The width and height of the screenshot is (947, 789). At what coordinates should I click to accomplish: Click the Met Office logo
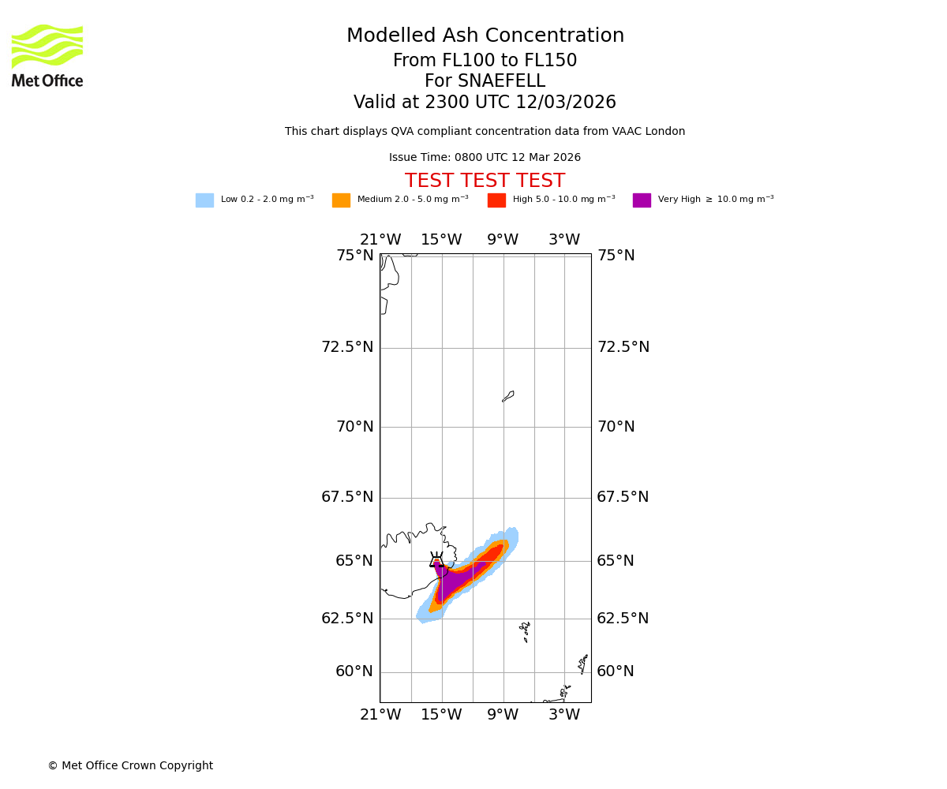pyautogui.click(x=47, y=55)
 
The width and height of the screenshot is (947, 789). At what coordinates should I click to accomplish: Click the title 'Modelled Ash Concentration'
pyautogui.click(x=485, y=36)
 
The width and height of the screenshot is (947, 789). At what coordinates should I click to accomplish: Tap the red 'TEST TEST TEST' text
pyautogui.click(x=485, y=181)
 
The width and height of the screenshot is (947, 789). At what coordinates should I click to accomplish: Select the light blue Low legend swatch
pyautogui.click(x=204, y=200)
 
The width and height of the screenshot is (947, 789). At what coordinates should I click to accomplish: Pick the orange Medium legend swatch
pyautogui.click(x=341, y=200)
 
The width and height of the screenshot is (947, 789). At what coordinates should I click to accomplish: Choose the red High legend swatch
pyautogui.click(x=496, y=200)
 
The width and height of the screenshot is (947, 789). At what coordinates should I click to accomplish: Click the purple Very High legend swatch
pyautogui.click(x=642, y=200)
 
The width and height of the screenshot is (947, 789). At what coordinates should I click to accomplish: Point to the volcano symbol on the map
pyautogui.click(x=436, y=560)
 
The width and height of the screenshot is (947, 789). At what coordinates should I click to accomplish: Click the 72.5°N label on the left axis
pyautogui.click(x=347, y=347)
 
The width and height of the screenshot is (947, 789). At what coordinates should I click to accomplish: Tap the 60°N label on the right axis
pyautogui.click(x=616, y=671)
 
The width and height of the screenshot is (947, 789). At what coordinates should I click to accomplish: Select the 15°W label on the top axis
pyautogui.click(x=441, y=240)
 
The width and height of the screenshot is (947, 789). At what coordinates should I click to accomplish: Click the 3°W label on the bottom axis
pyautogui.click(x=564, y=715)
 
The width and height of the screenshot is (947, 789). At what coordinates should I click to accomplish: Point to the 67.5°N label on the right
pyautogui.click(x=623, y=497)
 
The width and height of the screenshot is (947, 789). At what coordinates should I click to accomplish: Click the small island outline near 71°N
pyautogui.click(x=508, y=396)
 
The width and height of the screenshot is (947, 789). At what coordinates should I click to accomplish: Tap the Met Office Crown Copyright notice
pyautogui.click(x=130, y=766)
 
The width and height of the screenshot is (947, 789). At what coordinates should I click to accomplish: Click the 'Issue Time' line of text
pyautogui.click(x=485, y=158)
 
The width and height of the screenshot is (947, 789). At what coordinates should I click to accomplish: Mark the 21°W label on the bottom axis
pyautogui.click(x=380, y=715)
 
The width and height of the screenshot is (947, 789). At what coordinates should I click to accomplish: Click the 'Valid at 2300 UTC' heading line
pyautogui.click(x=485, y=103)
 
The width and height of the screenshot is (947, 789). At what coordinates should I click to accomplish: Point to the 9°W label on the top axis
pyautogui.click(x=503, y=240)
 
